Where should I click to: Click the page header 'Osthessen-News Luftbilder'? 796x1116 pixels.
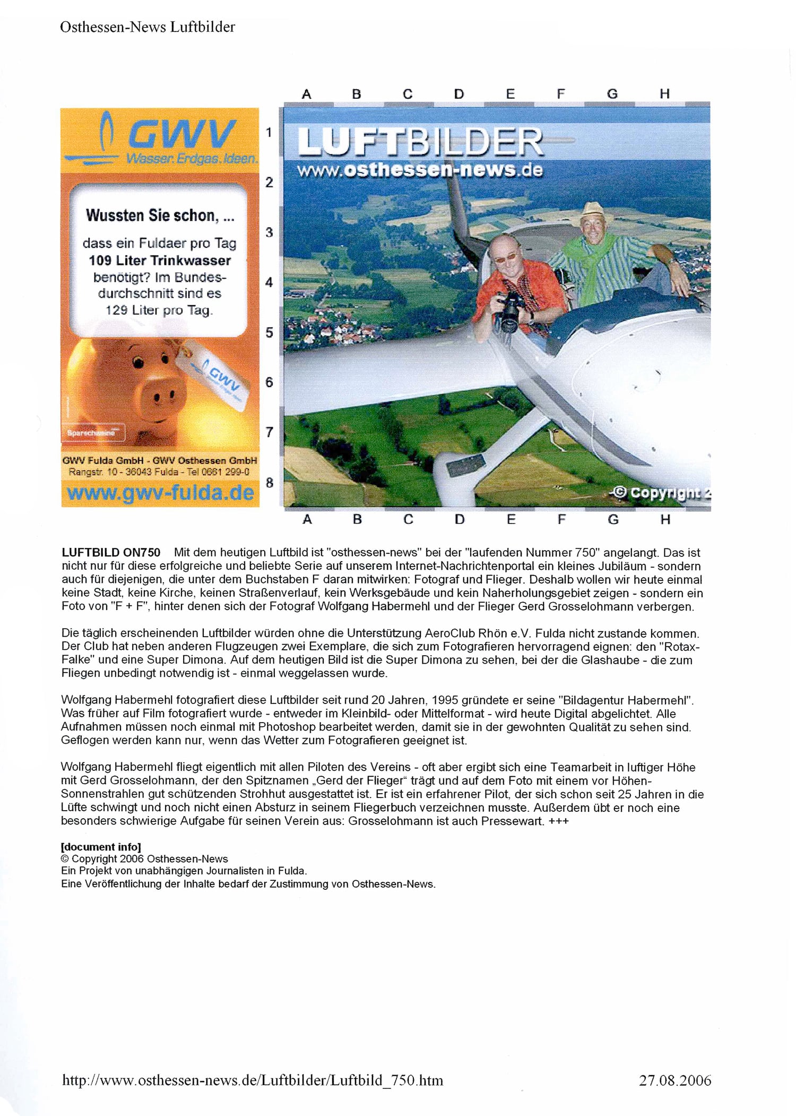tap(147, 27)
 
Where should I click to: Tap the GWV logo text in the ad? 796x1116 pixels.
tap(180, 134)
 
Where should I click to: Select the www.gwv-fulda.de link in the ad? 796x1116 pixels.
tap(160, 493)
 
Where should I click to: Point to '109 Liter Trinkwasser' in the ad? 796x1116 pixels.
tap(160, 261)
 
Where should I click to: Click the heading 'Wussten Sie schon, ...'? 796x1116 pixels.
tap(160, 216)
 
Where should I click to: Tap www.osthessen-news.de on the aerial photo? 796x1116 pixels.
tap(420, 170)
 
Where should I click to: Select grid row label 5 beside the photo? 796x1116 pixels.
tap(269, 332)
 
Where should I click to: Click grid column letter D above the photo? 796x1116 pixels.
tap(459, 94)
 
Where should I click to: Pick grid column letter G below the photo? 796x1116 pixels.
tap(613, 519)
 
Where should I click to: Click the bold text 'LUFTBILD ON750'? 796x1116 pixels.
tap(111, 553)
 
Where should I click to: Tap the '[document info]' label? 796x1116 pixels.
tap(101, 847)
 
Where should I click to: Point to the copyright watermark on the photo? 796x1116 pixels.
tap(661, 493)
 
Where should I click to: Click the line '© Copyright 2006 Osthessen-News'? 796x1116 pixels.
tap(144, 859)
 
